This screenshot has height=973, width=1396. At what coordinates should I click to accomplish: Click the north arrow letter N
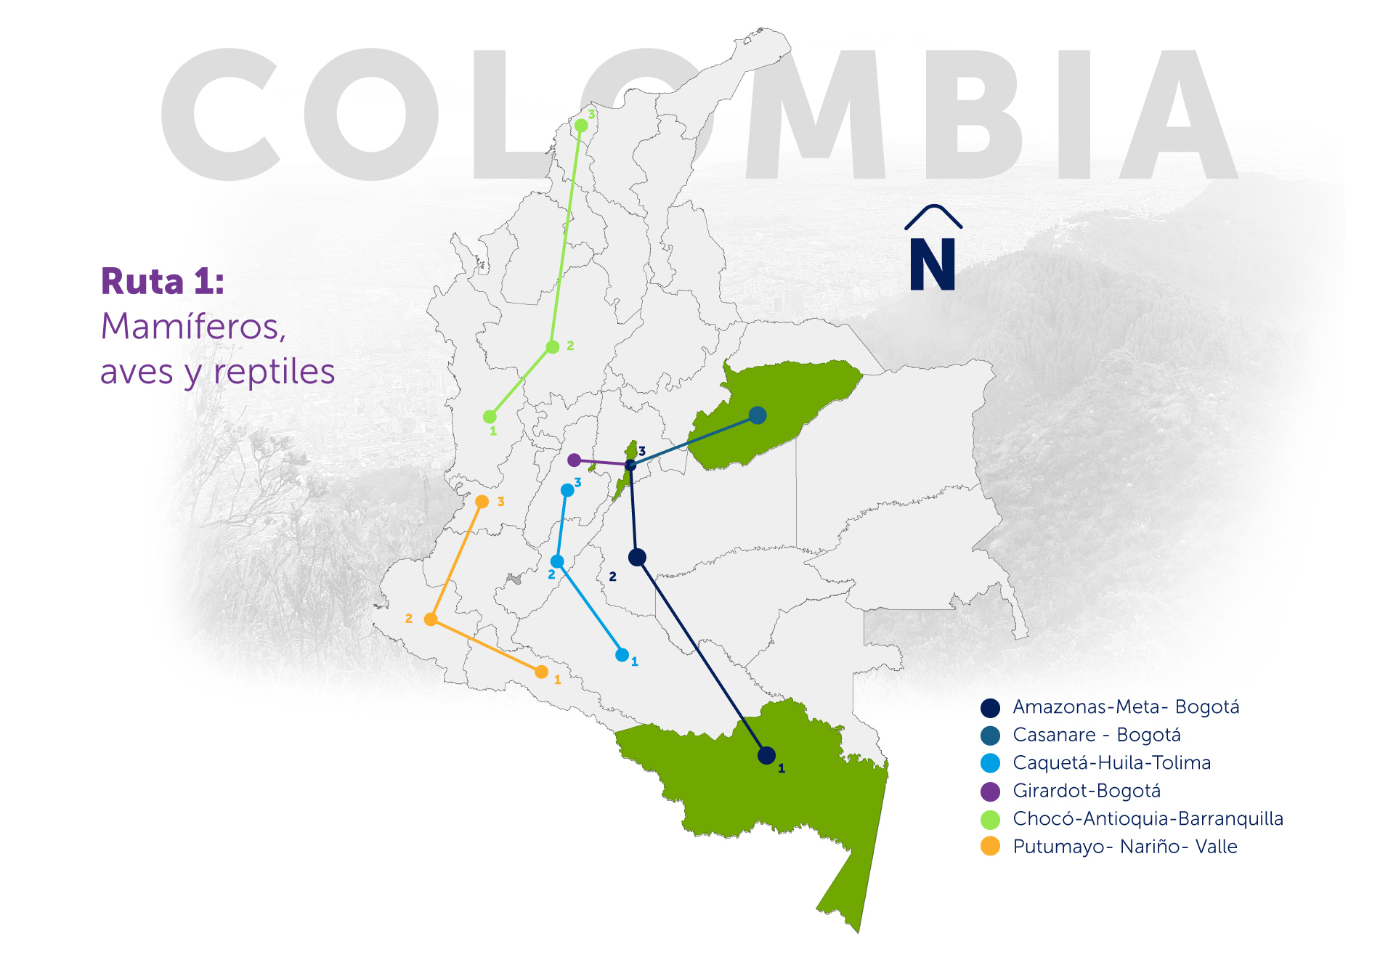pos(933,266)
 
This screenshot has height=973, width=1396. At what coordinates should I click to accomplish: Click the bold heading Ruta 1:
pos(163,282)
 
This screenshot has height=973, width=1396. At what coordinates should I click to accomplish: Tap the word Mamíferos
pos(193,327)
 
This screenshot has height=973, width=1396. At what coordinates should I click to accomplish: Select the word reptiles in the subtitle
pos(274,372)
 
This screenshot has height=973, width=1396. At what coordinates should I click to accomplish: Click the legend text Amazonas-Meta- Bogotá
pos(1126,707)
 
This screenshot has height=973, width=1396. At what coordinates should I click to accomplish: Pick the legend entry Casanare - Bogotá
pos(1097,735)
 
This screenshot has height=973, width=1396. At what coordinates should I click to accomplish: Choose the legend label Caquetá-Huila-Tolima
pos(1111,763)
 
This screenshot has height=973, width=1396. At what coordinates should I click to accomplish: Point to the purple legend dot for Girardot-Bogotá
pos(990,791)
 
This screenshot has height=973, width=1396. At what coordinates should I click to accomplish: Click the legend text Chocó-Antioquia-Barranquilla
pos(1148,819)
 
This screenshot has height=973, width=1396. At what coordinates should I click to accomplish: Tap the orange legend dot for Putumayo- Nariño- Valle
pos(990,847)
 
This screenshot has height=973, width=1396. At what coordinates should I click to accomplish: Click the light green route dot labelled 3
pos(581,126)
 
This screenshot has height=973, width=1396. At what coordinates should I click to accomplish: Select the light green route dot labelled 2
pos(553,347)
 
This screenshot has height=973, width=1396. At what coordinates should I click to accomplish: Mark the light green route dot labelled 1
pos(490,417)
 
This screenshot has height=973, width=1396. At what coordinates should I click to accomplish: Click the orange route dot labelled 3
pos(482,502)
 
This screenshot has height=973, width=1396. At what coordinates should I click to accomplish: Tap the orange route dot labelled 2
pos(431,619)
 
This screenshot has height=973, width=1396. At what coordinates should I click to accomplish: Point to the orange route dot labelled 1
pos(541,672)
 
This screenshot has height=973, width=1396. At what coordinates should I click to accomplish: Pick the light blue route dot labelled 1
pos(622,655)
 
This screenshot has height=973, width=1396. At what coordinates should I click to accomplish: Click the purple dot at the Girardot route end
pos(574,460)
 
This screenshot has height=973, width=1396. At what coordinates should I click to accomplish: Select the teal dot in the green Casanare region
pos(758,415)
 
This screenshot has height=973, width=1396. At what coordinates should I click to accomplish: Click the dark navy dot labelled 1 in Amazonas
pos(766,756)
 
